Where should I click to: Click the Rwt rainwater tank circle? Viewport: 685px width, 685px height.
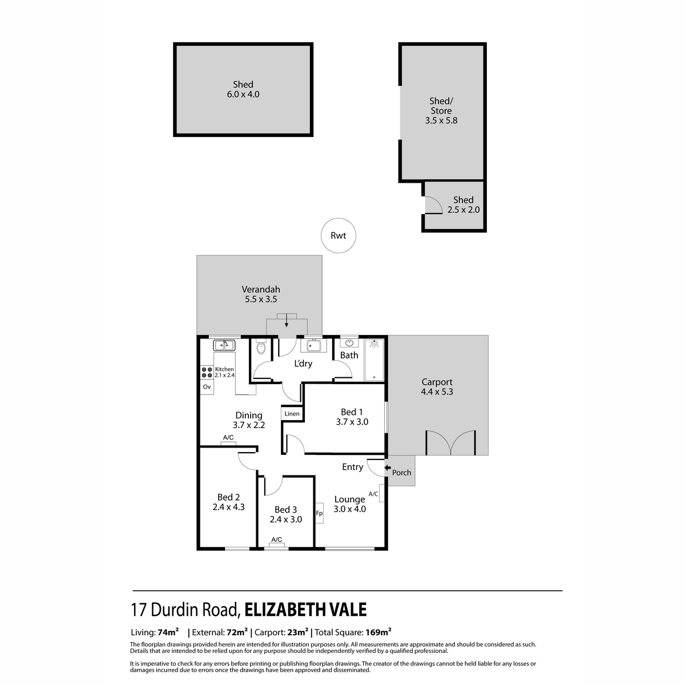click(x=338, y=235)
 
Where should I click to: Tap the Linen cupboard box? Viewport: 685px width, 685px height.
click(x=292, y=413)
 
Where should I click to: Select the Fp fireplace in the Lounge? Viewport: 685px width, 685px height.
click(x=319, y=513)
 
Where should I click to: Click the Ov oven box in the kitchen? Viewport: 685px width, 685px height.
click(x=207, y=386)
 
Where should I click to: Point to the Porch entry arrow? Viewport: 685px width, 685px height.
click(x=388, y=468)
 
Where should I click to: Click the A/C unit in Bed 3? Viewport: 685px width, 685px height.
click(x=277, y=545)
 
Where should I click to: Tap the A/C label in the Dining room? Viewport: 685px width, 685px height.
click(x=228, y=438)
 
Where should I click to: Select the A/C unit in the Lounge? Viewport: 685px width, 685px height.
click(x=381, y=493)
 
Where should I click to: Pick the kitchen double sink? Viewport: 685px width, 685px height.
click(x=224, y=345)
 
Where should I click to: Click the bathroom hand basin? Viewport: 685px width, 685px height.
click(x=349, y=343)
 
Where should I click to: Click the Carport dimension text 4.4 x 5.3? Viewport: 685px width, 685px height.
click(x=437, y=392)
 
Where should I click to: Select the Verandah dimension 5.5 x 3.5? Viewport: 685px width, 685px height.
click(x=260, y=299)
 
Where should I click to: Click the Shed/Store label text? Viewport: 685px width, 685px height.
click(x=441, y=106)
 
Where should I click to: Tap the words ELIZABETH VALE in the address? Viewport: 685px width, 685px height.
click(x=305, y=610)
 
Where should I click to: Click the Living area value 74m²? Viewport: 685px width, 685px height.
click(x=168, y=632)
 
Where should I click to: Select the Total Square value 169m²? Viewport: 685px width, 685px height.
click(x=378, y=632)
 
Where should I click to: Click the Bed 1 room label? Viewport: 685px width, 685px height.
click(x=352, y=412)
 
